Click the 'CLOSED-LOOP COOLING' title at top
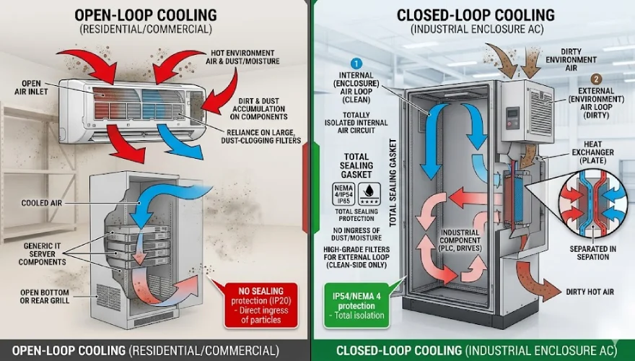(476, 14)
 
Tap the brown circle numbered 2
(595, 79)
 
